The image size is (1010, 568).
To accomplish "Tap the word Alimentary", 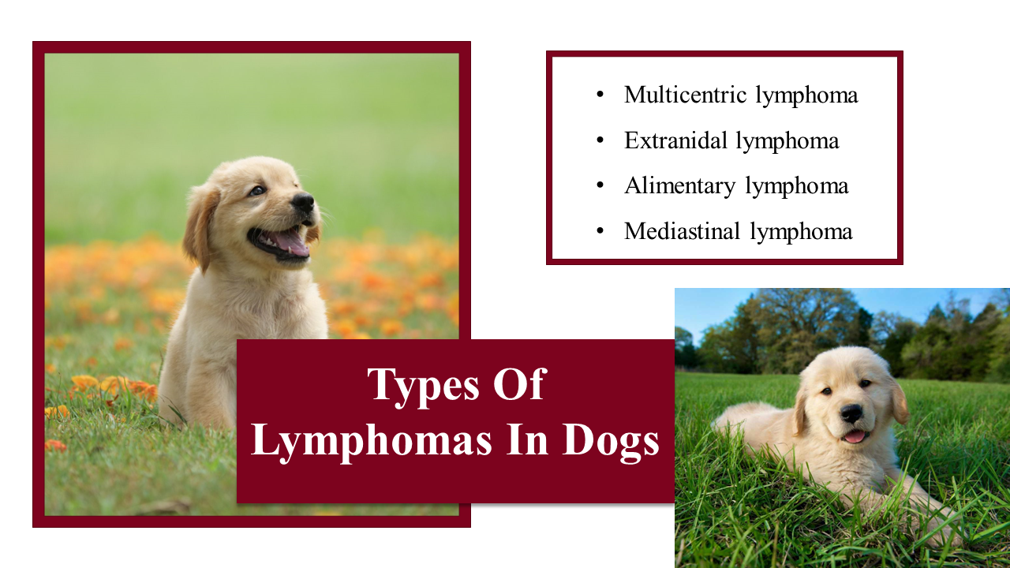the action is click(680, 186).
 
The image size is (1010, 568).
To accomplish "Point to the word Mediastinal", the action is click(683, 231).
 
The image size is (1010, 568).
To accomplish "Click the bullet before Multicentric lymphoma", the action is click(600, 95).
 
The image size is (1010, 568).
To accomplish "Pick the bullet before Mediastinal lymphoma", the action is click(600, 231).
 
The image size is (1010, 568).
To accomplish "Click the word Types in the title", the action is click(424, 387).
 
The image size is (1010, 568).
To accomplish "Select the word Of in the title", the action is click(520, 383).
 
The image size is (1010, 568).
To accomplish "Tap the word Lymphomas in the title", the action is click(372, 442).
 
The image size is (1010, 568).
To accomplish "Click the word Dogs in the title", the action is click(611, 442).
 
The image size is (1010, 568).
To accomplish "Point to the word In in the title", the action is click(527, 439).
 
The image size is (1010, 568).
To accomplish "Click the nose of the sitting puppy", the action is click(304, 203).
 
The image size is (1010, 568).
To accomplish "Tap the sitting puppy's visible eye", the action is click(257, 191).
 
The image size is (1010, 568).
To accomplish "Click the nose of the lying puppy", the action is click(851, 413).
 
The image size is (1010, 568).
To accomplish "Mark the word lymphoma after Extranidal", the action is click(787, 140).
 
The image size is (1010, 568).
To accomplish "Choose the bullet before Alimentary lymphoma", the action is click(600, 185).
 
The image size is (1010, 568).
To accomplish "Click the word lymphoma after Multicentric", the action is click(806, 95).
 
